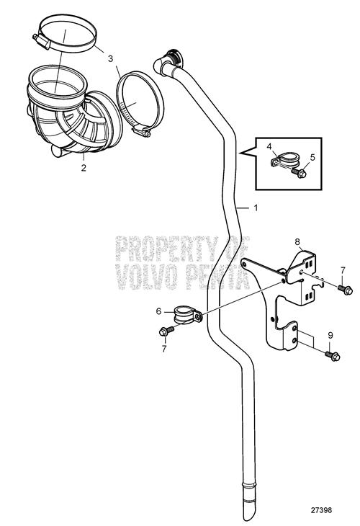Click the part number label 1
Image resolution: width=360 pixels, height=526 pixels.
[x=256, y=208]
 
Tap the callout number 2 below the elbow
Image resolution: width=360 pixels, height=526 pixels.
[x=84, y=167]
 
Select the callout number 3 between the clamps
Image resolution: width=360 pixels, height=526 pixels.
[x=111, y=58]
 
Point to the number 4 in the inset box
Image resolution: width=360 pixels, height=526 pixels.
[x=269, y=146]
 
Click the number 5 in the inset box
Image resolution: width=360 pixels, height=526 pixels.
[x=312, y=157]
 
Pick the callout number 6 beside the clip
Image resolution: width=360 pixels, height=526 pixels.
[x=158, y=311]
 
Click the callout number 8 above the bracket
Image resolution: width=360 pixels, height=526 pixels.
[x=297, y=241]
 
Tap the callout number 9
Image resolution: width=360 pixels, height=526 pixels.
[x=330, y=336]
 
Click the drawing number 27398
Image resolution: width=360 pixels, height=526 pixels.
[x=321, y=510]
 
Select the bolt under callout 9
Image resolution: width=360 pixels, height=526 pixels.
[x=333, y=355]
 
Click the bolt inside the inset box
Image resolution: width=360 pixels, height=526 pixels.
[x=299, y=173]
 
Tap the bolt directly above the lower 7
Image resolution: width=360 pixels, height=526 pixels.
[x=166, y=331]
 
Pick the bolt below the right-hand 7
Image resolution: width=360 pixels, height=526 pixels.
[x=346, y=290]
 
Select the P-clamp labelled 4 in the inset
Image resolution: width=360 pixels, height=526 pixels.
[x=284, y=160]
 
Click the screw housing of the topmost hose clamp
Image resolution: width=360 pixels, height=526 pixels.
[x=42, y=41]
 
